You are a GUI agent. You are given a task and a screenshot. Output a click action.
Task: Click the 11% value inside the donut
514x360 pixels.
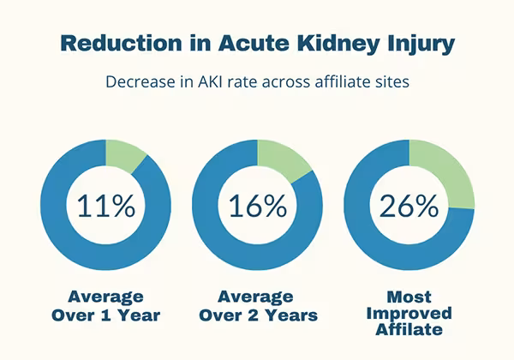coord(106,206)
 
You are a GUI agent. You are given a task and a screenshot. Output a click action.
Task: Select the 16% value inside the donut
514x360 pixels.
coord(257,206)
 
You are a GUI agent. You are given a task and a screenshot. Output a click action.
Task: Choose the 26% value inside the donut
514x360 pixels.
coord(409,206)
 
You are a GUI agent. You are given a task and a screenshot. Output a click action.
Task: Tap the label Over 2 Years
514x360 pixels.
coord(257,315)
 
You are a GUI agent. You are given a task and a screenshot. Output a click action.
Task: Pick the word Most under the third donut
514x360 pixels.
coord(409,297)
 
